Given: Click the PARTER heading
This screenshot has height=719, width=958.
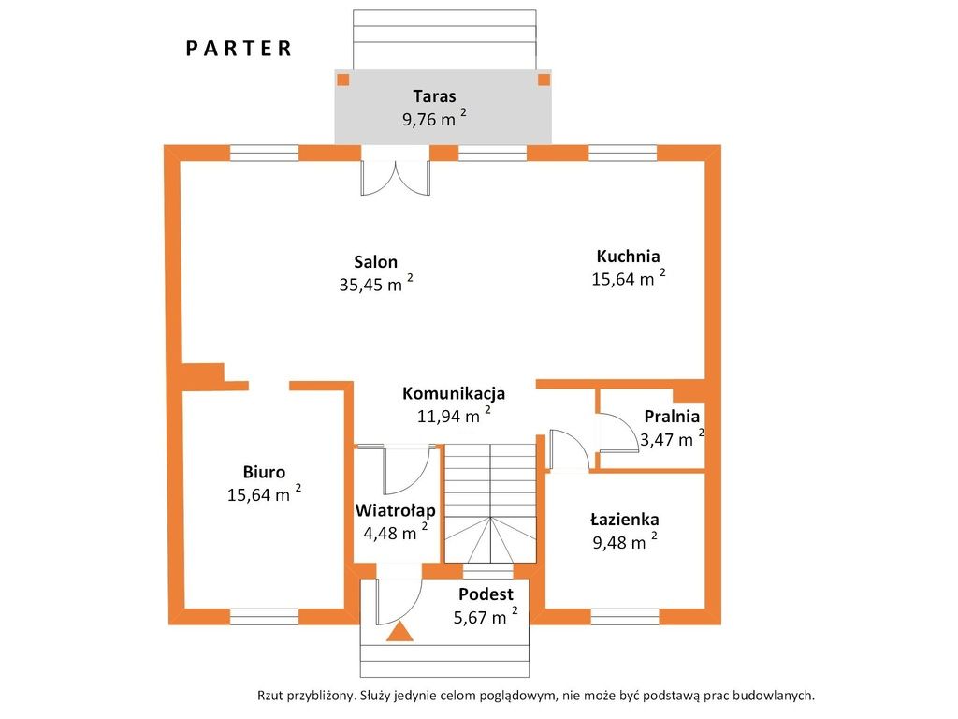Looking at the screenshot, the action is (239, 49).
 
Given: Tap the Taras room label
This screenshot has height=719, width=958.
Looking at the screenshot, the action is (434, 96).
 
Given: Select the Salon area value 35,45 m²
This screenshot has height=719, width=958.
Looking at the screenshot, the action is (376, 283).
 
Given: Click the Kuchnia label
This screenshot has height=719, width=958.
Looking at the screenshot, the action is (628, 256).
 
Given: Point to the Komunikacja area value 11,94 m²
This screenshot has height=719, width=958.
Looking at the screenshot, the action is (454, 415).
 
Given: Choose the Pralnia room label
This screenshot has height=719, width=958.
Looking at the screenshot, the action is (672, 417).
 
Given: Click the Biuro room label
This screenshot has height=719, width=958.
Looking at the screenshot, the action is (264, 472).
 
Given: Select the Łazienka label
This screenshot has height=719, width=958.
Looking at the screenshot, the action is (624, 520).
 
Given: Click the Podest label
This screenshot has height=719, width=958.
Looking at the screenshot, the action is (486, 594).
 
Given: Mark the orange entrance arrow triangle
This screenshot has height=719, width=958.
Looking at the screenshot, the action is (399, 631).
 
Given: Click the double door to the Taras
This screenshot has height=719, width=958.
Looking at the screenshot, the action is (396, 177).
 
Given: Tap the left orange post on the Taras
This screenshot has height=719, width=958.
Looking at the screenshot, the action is (343, 80).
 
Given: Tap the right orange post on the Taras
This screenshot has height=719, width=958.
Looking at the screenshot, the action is (544, 80).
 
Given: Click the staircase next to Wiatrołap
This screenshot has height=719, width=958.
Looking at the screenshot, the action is (490, 503).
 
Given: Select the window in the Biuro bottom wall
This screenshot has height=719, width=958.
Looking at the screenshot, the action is (264, 616).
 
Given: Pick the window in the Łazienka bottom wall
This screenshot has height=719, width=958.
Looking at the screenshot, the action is (625, 616).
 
